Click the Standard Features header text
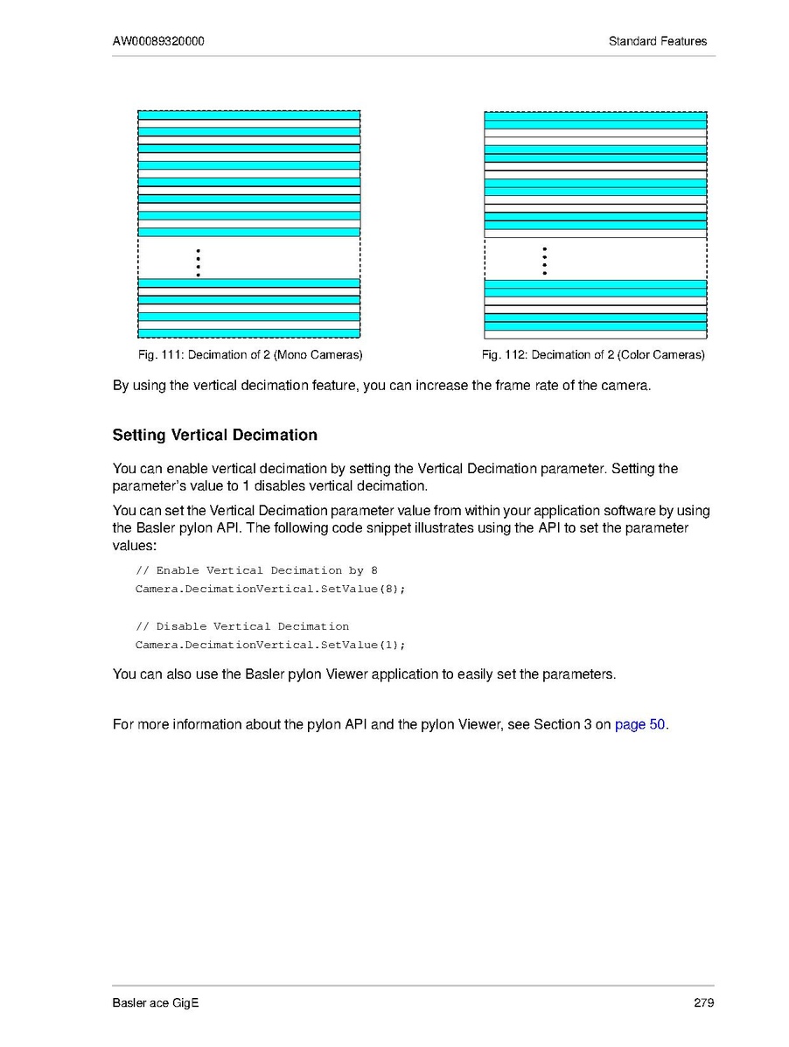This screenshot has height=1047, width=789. pos(658,41)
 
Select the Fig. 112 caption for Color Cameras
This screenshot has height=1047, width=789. pos(593,355)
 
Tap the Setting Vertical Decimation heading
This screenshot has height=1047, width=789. pos(215,435)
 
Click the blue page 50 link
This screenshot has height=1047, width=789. pos(640,724)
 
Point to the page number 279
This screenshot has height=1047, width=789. pos(704,1002)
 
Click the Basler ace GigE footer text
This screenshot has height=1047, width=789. pos(156,1002)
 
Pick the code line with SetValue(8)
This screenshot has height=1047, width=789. pos(270,589)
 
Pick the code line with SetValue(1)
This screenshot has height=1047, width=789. pos(270,645)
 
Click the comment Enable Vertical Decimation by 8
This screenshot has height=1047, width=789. pos(256,570)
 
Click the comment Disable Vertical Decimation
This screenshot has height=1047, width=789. pos(242,626)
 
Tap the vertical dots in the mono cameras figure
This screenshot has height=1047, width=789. pos(199,262)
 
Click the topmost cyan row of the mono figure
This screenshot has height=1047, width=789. pos(249,115)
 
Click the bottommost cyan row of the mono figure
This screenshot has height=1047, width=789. pos(249,333)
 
